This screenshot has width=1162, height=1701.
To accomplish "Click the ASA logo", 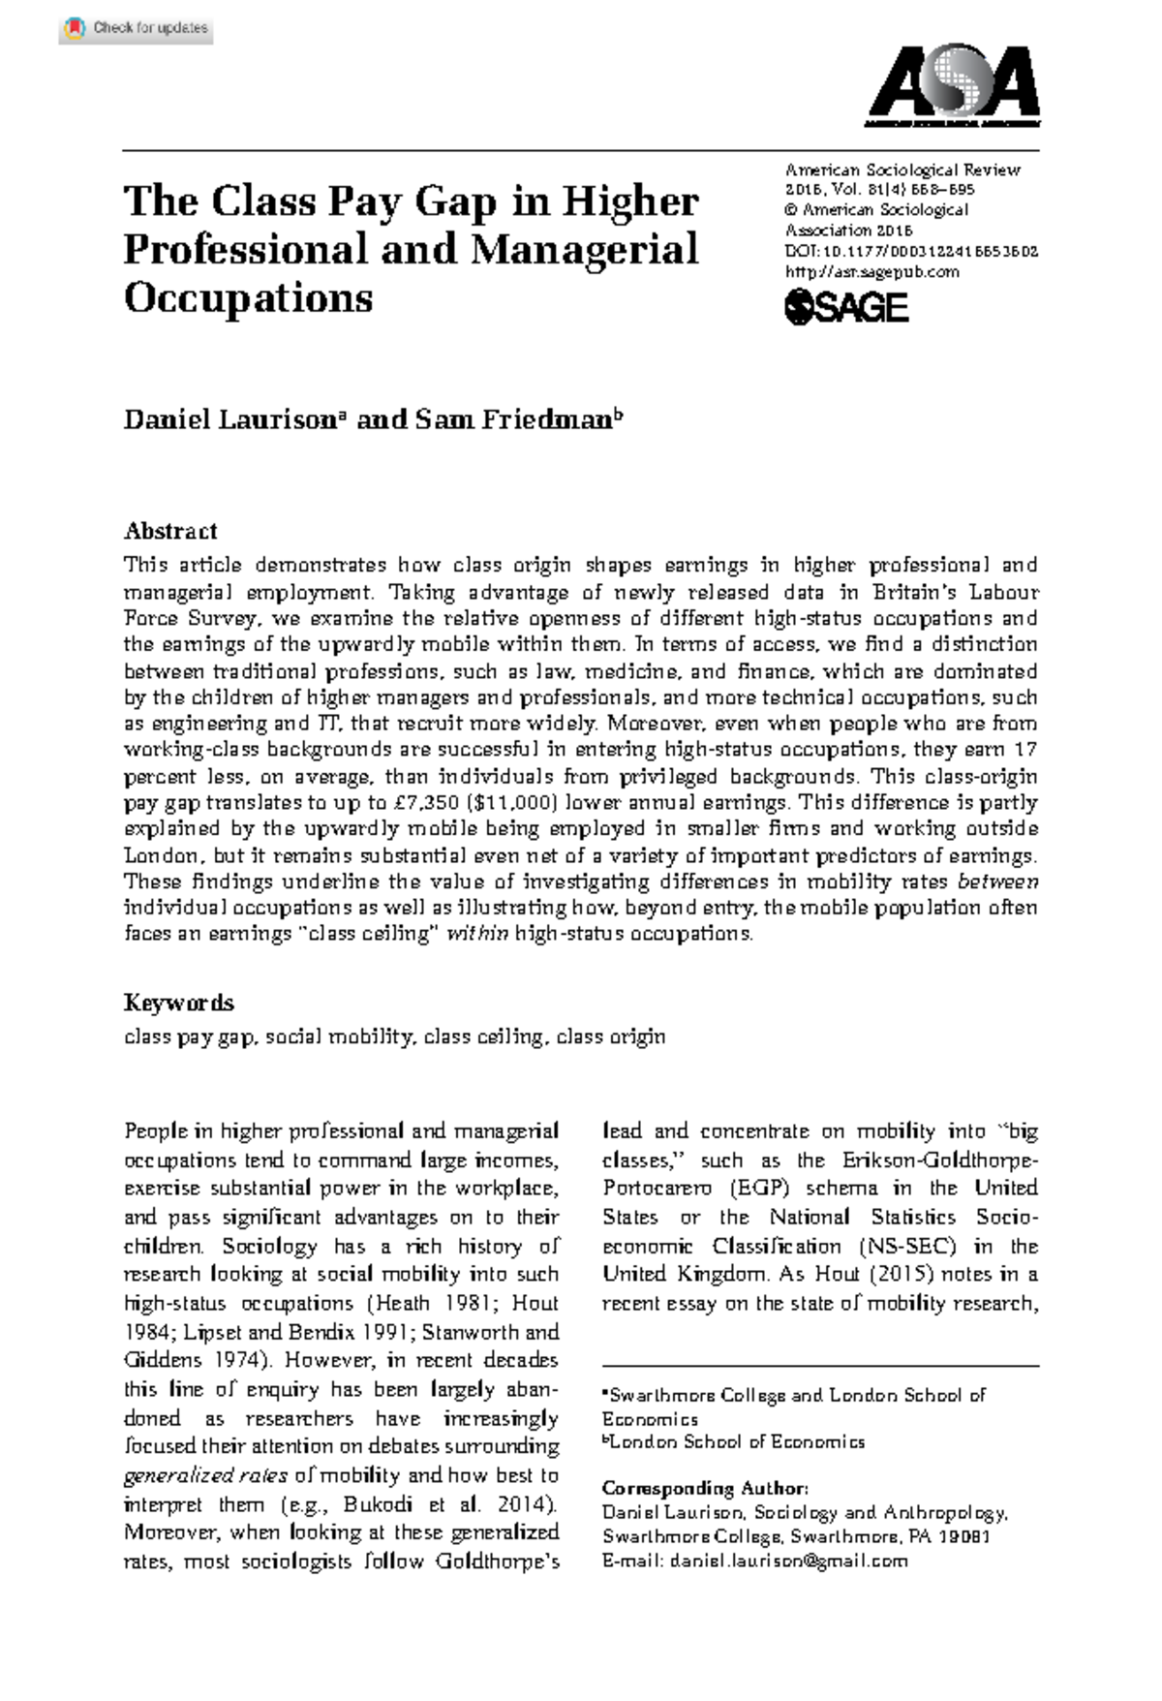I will (953, 85).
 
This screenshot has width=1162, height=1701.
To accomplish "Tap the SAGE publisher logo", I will (845, 308).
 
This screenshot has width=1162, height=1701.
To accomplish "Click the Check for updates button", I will (137, 28).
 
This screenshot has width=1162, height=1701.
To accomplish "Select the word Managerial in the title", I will (584, 250).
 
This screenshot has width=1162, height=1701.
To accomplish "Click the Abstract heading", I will (170, 531).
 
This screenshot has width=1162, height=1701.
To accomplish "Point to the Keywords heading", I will (179, 1003).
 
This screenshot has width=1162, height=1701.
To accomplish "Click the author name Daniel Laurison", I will (229, 419).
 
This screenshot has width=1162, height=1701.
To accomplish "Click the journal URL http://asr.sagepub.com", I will (871, 272).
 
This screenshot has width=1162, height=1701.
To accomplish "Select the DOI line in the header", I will (910, 251).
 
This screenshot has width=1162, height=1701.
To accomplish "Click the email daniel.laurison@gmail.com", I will (788, 1561).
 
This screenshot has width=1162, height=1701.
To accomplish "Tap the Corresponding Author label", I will (704, 1488).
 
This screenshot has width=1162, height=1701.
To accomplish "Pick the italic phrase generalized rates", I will (205, 1475).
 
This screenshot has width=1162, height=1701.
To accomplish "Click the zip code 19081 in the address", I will (963, 1536).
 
